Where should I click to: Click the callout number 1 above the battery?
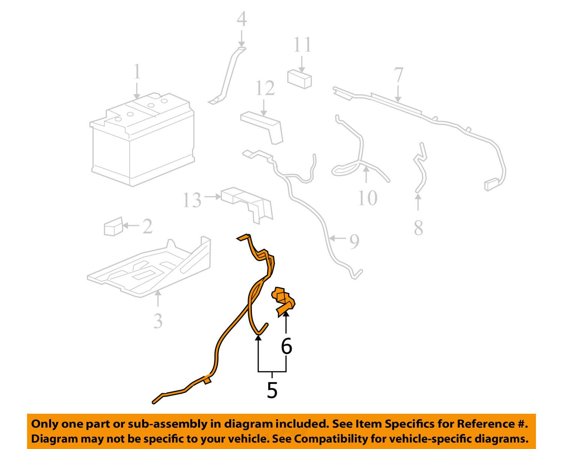[137, 72]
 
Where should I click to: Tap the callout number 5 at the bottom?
[272, 390]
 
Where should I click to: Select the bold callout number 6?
[286, 346]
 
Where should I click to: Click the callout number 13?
[192, 200]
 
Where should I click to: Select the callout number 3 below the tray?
[158, 321]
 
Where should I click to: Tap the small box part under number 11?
[300, 78]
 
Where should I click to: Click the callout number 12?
[265, 89]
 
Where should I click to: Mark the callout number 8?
[418, 228]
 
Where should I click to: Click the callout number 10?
[367, 198]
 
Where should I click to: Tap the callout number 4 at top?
[242, 19]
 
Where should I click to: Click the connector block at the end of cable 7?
[491, 185]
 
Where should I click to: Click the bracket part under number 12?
[263, 126]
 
